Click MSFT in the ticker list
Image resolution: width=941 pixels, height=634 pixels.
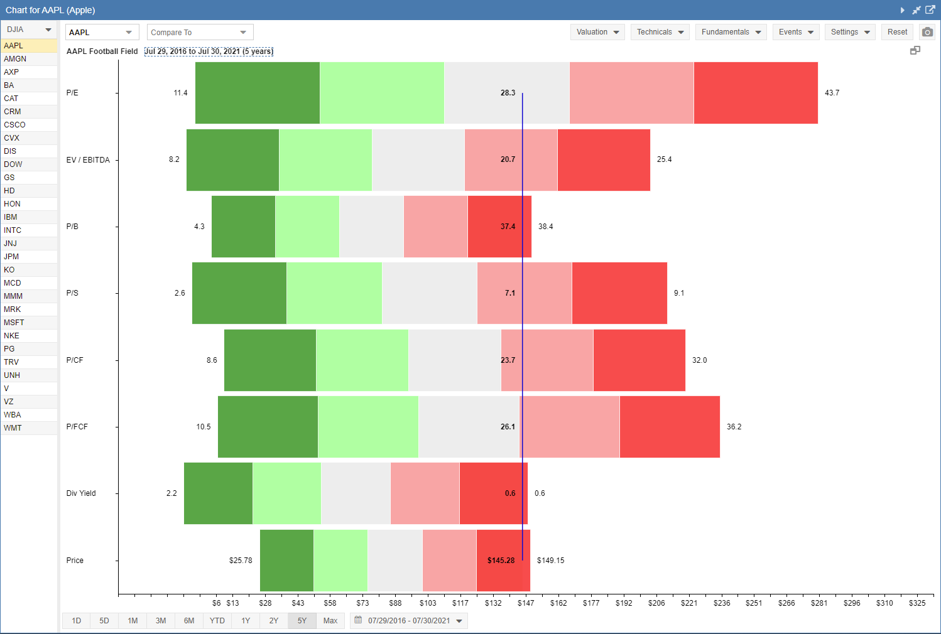click(x=14, y=323)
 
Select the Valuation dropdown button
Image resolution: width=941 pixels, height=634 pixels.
click(x=597, y=32)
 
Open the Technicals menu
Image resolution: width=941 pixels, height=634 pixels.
click(x=660, y=32)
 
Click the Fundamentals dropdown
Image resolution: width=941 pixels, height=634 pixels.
click(x=731, y=32)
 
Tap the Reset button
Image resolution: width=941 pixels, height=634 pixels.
click(x=897, y=32)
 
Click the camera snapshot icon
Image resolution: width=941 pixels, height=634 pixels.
click(x=927, y=32)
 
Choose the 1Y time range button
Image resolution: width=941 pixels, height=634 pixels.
click(x=246, y=621)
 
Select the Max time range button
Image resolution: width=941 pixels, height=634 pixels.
click(x=330, y=621)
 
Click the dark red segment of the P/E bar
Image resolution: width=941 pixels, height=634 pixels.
click(x=756, y=93)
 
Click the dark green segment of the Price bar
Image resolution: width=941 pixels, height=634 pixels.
click(x=286, y=561)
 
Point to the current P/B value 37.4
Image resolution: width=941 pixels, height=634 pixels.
click(x=508, y=227)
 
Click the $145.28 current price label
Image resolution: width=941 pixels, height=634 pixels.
click(x=501, y=561)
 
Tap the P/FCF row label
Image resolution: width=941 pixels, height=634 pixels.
click(x=77, y=427)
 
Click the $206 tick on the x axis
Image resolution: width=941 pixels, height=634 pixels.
click(x=656, y=603)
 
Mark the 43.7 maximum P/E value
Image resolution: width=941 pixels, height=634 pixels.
click(x=832, y=93)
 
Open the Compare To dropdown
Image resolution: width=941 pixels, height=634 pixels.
click(x=200, y=32)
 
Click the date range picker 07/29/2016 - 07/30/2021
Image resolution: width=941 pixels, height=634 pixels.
click(x=409, y=621)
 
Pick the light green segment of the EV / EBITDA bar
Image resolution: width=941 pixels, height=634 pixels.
click(x=325, y=160)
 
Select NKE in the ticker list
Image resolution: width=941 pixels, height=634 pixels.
click(x=11, y=336)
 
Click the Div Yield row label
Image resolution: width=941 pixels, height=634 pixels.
click(x=81, y=493)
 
